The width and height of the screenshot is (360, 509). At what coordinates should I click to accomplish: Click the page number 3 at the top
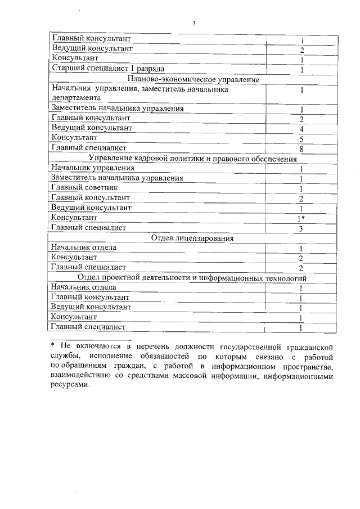(193, 24)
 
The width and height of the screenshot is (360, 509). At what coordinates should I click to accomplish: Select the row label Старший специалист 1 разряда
(107, 69)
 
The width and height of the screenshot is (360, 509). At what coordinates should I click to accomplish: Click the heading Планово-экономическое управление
(193, 79)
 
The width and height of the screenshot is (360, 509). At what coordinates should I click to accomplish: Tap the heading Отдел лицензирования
(192, 238)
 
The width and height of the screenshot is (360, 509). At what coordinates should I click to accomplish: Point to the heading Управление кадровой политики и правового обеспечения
(193, 159)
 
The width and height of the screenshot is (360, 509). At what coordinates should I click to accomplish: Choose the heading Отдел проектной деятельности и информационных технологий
(192, 278)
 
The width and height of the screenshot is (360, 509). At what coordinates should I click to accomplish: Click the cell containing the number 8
(302, 149)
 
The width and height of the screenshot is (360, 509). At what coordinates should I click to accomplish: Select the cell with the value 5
(302, 139)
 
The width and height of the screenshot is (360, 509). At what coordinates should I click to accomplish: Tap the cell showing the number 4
(302, 129)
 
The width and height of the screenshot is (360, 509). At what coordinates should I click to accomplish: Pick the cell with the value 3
(302, 228)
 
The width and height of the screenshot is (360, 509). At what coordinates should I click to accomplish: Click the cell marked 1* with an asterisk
(302, 218)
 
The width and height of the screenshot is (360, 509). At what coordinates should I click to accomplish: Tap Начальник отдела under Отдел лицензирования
(84, 247)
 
